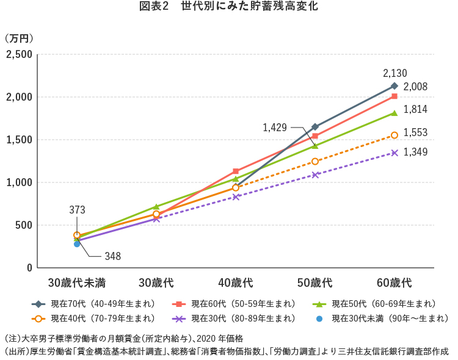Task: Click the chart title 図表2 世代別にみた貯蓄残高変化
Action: point(229,8)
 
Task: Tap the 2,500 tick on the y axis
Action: point(19,55)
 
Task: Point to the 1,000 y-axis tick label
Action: point(20,182)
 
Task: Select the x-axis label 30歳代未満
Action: point(77,283)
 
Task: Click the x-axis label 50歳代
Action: point(315,283)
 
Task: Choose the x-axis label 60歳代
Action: point(394,283)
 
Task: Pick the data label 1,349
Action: point(415,152)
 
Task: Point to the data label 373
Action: point(77,210)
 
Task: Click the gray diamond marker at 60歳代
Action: point(394,86)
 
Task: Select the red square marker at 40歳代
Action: point(236,171)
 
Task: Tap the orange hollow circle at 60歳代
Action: point(394,135)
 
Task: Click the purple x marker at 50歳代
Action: point(315,175)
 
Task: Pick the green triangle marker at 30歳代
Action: point(156,207)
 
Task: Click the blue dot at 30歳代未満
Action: point(77,243)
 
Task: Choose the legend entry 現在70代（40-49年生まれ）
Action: point(96,304)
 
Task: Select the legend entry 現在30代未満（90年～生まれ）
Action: point(382,319)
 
